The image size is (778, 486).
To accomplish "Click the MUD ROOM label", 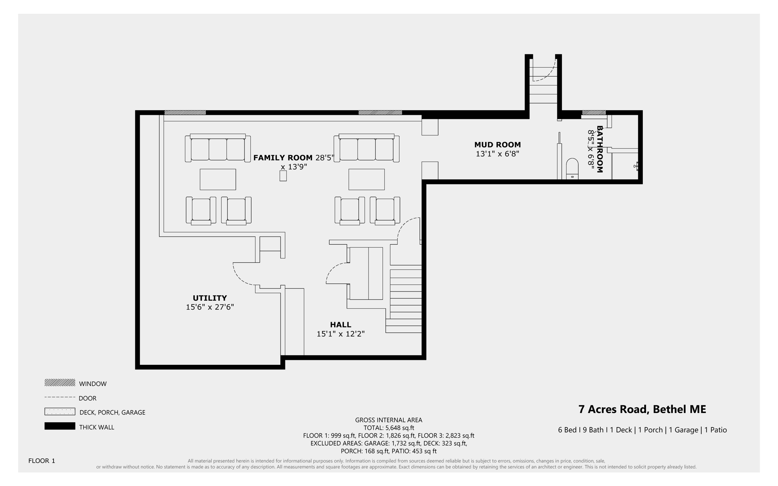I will [497, 145].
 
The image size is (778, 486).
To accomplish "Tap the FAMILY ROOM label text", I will [283, 158].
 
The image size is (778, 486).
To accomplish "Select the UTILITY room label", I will [210, 298].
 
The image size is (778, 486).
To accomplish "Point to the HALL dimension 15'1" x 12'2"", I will [340, 334].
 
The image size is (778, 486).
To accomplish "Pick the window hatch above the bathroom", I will [594, 112].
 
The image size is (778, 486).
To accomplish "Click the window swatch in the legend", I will [60, 383].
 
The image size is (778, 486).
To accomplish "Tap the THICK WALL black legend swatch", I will [60, 426].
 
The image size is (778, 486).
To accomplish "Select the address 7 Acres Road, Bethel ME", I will [642, 409].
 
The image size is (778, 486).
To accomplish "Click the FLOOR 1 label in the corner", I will [42, 461].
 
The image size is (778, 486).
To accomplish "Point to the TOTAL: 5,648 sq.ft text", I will [389, 428].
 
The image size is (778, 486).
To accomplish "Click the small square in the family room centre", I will [283, 176].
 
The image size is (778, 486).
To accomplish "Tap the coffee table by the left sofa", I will [218, 179].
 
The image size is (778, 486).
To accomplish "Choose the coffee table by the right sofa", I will [367, 179].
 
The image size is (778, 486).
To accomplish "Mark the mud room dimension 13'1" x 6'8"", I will [497, 154].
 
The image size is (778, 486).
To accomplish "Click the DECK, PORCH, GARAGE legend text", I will [112, 412].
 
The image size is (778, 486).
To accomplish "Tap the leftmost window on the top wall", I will [185, 112].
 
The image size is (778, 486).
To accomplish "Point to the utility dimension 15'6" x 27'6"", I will [210, 307].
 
